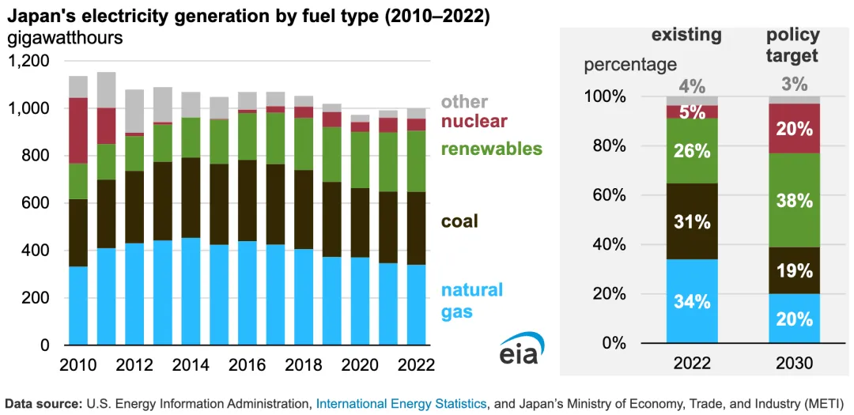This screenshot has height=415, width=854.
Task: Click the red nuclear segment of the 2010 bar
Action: [77, 130]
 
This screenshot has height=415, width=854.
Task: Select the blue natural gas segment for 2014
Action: [191, 291]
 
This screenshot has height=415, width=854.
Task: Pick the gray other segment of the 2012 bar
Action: [134, 111]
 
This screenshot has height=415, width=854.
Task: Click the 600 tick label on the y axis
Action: [35, 203]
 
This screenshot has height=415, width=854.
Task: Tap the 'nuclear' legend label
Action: [474, 122]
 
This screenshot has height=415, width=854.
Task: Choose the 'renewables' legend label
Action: [491, 149]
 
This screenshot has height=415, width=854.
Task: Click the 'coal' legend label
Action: [459, 221]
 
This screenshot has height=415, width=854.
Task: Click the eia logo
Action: [519, 351]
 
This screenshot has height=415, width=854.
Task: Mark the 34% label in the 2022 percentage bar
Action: [691, 301]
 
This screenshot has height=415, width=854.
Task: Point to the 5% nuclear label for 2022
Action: [691, 112]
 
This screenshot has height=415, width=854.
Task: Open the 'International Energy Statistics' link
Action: [401, 404]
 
